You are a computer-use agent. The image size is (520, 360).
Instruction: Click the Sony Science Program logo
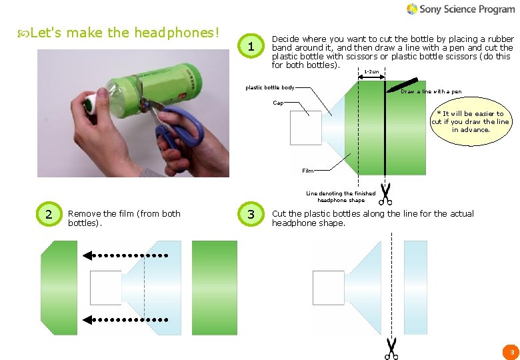pos(461,9)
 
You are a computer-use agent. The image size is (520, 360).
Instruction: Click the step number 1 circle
pos(251,47)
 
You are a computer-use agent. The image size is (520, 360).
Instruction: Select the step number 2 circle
pos(48,214)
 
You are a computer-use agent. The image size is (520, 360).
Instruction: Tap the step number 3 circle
pos(251,214)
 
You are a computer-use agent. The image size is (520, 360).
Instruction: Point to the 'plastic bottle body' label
pos(269,87)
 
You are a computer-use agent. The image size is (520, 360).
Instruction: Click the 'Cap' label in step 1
pos(277,103)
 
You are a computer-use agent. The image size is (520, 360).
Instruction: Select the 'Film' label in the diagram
pos(307,171)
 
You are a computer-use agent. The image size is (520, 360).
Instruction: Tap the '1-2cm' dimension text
pos(371,72)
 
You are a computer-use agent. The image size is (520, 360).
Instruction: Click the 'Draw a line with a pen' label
pos(431,91)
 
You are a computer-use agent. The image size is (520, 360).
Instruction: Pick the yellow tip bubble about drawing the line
pos(471,122)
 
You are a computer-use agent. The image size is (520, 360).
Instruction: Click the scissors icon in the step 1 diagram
pos(385,193)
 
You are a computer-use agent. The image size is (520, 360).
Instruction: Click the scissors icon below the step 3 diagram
pos(391,348)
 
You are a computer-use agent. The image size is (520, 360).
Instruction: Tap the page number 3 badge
pos(511,351)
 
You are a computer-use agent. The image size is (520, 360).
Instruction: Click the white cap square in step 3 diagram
pos(328,288)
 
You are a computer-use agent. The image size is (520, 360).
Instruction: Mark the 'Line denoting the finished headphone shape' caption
pos(341,197)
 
